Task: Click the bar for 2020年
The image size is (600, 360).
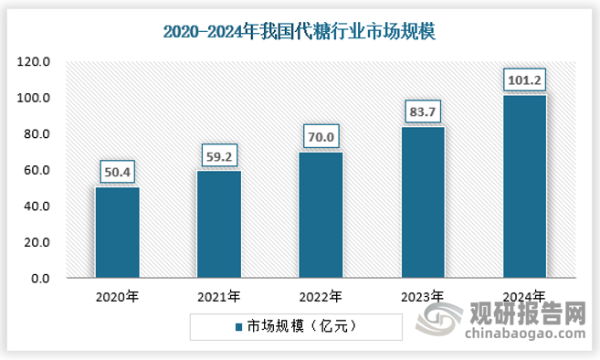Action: point(117,232)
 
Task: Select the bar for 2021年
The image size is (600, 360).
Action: point(219,224)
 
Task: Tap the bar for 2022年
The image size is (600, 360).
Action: point(321,215)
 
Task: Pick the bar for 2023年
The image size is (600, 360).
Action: point(423,202)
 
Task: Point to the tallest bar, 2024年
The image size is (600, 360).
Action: point(524,186)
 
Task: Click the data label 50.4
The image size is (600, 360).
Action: point(117,170)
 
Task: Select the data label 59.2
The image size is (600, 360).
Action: point(219,154)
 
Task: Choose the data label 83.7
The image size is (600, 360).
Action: point(423,111)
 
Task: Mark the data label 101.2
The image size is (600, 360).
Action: point(524,79)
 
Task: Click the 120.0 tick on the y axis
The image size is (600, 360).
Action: point(35,62)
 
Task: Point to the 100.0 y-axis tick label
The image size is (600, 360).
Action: point(35,98)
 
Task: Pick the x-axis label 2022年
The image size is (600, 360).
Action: point(320,296)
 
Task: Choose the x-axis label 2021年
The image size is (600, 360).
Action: point(218,296)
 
